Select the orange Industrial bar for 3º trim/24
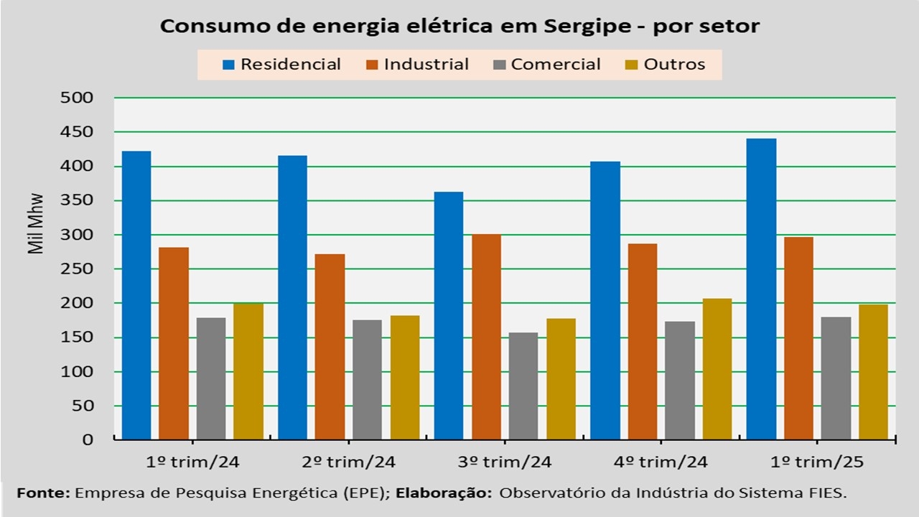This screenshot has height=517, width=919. [486, 337]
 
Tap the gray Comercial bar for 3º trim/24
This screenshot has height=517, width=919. [523, 386]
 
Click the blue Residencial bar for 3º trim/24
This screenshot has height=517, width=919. [449, 315]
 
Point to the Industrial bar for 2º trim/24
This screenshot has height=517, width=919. [330, 346]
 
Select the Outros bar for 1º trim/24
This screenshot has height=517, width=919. [248, 371]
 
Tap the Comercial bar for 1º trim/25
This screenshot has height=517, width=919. [836, 378]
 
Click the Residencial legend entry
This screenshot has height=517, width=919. [282, 65]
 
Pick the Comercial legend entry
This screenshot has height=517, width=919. [547, 65]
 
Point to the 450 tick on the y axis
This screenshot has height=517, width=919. [80, 132]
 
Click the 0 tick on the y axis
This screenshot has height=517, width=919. [88, 439]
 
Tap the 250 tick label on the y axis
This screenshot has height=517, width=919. [80, 269]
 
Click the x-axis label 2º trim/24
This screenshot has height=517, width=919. [350, 462]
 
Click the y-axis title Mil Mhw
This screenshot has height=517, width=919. [37, 223]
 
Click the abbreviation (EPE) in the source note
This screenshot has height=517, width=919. [368, 493]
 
